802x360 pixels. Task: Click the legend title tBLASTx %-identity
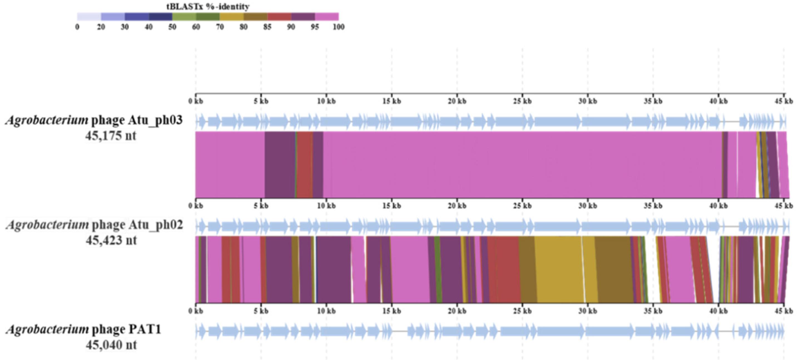pos(208,6)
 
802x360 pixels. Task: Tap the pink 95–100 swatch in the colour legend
pos(327,16)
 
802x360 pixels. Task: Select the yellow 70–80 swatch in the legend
pos(231,16)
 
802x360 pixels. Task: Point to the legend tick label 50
pos(172,27)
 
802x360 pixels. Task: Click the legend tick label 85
pos(267,27)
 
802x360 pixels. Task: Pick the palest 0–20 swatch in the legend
pos(89,16)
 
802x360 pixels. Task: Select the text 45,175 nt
pos(111,136)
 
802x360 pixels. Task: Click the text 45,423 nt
pos(111,240)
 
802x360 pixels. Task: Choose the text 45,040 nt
pos(111,345)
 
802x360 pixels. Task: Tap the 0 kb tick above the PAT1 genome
pos(196,311)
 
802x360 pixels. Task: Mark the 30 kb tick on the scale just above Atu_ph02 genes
pos(588,205)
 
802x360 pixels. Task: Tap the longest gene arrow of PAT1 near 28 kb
pos(560,331)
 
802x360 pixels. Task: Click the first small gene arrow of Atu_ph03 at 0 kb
pos(201,121)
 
